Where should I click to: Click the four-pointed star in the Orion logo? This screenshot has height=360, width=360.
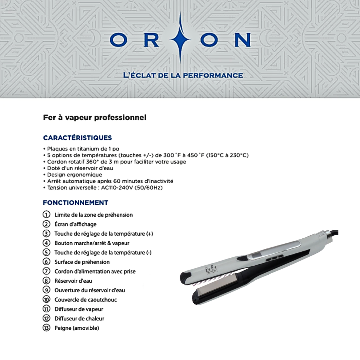(180, 39)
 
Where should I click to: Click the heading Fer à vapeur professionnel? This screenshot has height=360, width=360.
(94, 117)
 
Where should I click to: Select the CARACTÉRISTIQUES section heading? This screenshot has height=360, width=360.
(77, 138)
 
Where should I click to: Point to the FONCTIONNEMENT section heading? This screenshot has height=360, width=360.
(75, 203)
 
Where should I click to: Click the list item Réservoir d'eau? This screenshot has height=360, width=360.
(73, 281)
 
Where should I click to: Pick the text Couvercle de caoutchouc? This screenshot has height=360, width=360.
(85, 300)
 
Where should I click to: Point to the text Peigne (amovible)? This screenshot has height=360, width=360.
(76, 328)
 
